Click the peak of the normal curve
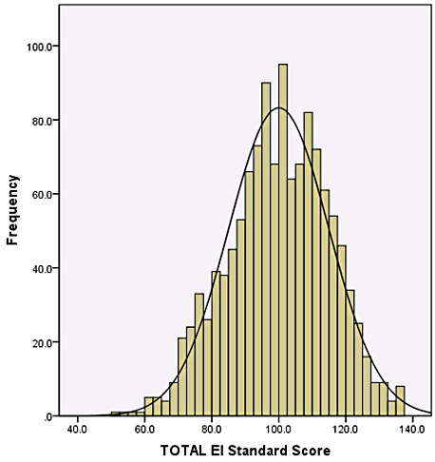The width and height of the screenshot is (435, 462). point(278,107)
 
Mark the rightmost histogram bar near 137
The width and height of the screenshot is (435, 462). point(400,401)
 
